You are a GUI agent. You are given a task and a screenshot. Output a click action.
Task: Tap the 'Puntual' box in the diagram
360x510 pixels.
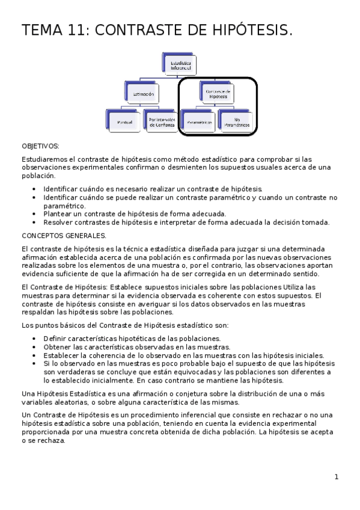coord(124,122)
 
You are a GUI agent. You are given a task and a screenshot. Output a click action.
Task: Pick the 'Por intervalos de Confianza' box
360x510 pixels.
coord(161,122)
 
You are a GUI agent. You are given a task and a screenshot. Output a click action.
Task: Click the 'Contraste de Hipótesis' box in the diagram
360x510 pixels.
coord(218,94)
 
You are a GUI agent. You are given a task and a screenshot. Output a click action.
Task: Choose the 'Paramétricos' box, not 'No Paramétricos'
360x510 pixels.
coord(199,122)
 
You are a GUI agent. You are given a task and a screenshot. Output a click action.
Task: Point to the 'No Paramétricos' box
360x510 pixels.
coord(236,122)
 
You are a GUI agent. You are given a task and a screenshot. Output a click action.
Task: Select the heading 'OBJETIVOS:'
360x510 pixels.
coord(40,146)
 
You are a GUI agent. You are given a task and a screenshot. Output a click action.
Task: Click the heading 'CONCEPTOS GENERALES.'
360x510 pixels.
coord(64,236)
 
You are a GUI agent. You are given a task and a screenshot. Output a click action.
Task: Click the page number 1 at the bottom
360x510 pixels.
coord(337,477)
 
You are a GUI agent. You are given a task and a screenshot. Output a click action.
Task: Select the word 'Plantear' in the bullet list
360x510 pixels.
coord(58,214)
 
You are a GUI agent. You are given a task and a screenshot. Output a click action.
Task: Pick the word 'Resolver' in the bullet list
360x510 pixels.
coord(59,223)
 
